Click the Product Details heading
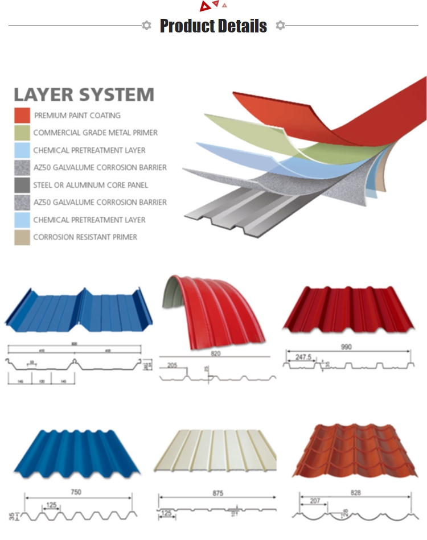click(213, 26)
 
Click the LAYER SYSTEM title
click(84, 94)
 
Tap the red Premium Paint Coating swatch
click(22, 115)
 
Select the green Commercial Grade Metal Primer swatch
click(22, 133)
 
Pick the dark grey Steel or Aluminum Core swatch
click(22, 185)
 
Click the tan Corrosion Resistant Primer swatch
click(22, 237)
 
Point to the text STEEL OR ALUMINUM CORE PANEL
click(91, 185)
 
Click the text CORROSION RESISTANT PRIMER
click(85, 237)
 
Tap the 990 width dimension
click(346, 347)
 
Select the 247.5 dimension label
click(303, 358)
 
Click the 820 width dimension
click(215, 353)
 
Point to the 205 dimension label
click(172, 366)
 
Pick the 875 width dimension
click(217, 494)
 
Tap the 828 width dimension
click(356, 493)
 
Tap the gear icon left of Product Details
click(146, 26)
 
